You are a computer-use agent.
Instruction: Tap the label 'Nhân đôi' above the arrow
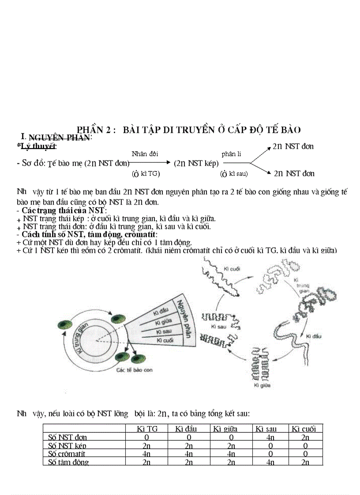[145, 153]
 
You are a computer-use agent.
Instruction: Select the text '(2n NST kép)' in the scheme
[196, 163]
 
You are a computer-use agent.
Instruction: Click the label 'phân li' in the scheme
[231, 153]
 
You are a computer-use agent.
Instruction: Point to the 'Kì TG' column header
[147, 429]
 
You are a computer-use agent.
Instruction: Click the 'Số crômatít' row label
[67, 454]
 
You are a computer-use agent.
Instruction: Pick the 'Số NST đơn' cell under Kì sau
[270, 437]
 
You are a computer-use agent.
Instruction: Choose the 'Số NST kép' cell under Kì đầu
[189, 446]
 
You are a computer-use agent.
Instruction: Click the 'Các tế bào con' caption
[134, 370]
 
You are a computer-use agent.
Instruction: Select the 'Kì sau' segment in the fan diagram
[164, 331]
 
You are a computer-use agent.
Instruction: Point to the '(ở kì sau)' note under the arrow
[234, 174]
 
